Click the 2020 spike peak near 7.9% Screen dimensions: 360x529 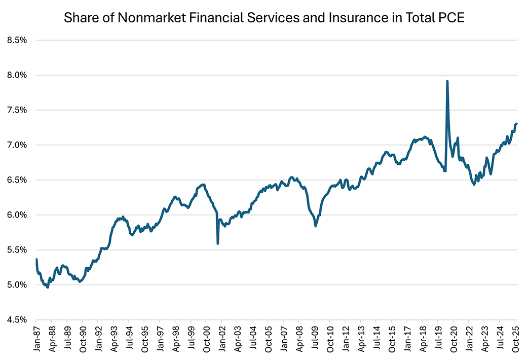pyautogui.click(x=447, y=81)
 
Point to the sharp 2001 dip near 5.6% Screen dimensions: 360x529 pyautogui.click(x=218, y=243)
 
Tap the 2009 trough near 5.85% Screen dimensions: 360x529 pyautogui.click(x=316, y=226)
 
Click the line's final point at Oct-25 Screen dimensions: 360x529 pyautogui.click(x=516, y=124)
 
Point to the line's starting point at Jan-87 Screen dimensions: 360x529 pyautogui.click(x=36, y=260)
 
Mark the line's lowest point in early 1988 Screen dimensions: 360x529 pyautogui.click(x=48, y=287)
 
